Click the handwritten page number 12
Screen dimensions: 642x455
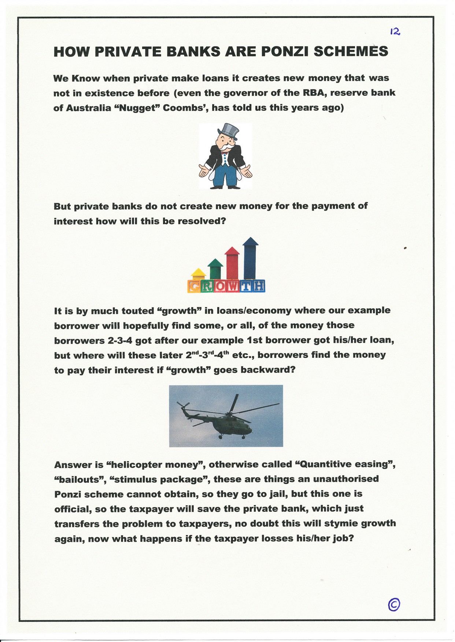click(395, 32)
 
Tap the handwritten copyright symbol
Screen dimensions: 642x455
click(393, 604)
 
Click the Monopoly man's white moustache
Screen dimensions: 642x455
click(228, 147)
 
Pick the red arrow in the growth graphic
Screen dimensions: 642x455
click(232, 262)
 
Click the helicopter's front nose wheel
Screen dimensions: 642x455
click(243, 437)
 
